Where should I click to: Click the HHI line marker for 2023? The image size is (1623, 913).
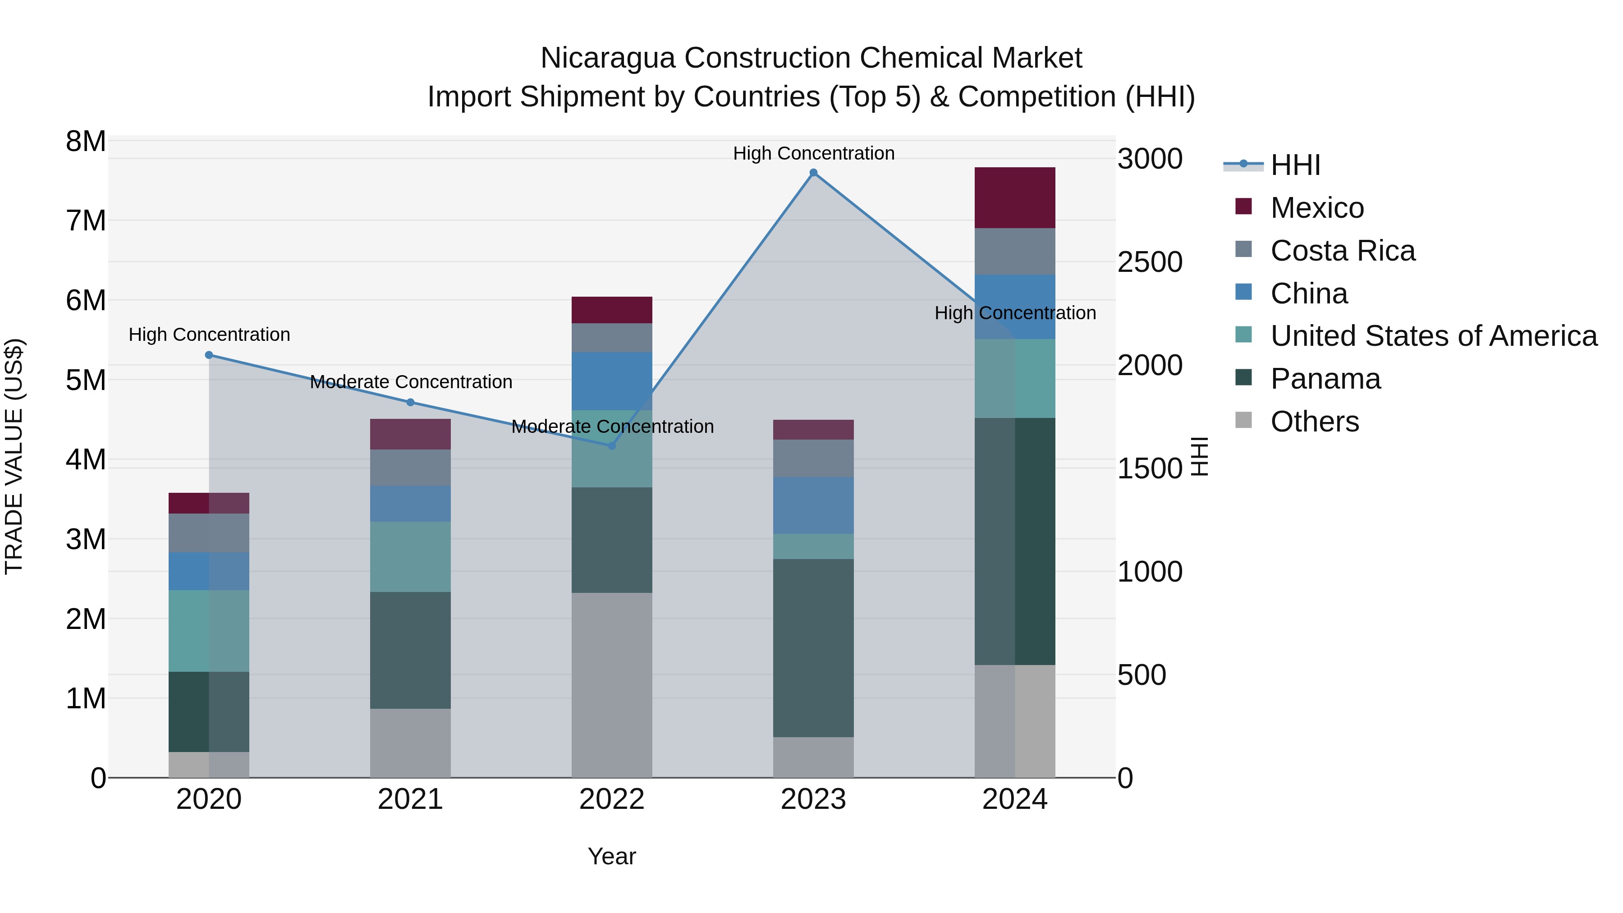point(813,173)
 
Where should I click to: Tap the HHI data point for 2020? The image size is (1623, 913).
point(209,355)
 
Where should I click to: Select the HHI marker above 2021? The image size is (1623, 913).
point(410,403)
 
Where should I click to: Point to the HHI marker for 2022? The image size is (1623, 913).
point(611,446)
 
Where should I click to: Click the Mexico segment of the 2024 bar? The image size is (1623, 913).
point(1014,198)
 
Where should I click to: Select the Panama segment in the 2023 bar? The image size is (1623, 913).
point(813,648)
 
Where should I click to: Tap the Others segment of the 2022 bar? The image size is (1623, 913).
point(611,685)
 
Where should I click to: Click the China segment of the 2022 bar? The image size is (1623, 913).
point(611,381)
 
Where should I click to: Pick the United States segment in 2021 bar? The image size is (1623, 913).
point(410,556)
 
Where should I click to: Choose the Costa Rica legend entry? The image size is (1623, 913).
point(1342,251)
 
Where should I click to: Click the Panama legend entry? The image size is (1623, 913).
point(1325,379)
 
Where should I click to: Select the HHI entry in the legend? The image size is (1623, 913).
point(1295,165)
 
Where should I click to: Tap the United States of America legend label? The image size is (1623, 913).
point(1433,336)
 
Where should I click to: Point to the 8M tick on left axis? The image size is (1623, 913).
point(86,141)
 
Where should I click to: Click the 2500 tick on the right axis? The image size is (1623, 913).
point(1150,262)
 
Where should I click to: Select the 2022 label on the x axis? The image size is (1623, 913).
point(611,799)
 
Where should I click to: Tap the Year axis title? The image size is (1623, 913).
point(611,856)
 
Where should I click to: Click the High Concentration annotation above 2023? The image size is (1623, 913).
point(813,153)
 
